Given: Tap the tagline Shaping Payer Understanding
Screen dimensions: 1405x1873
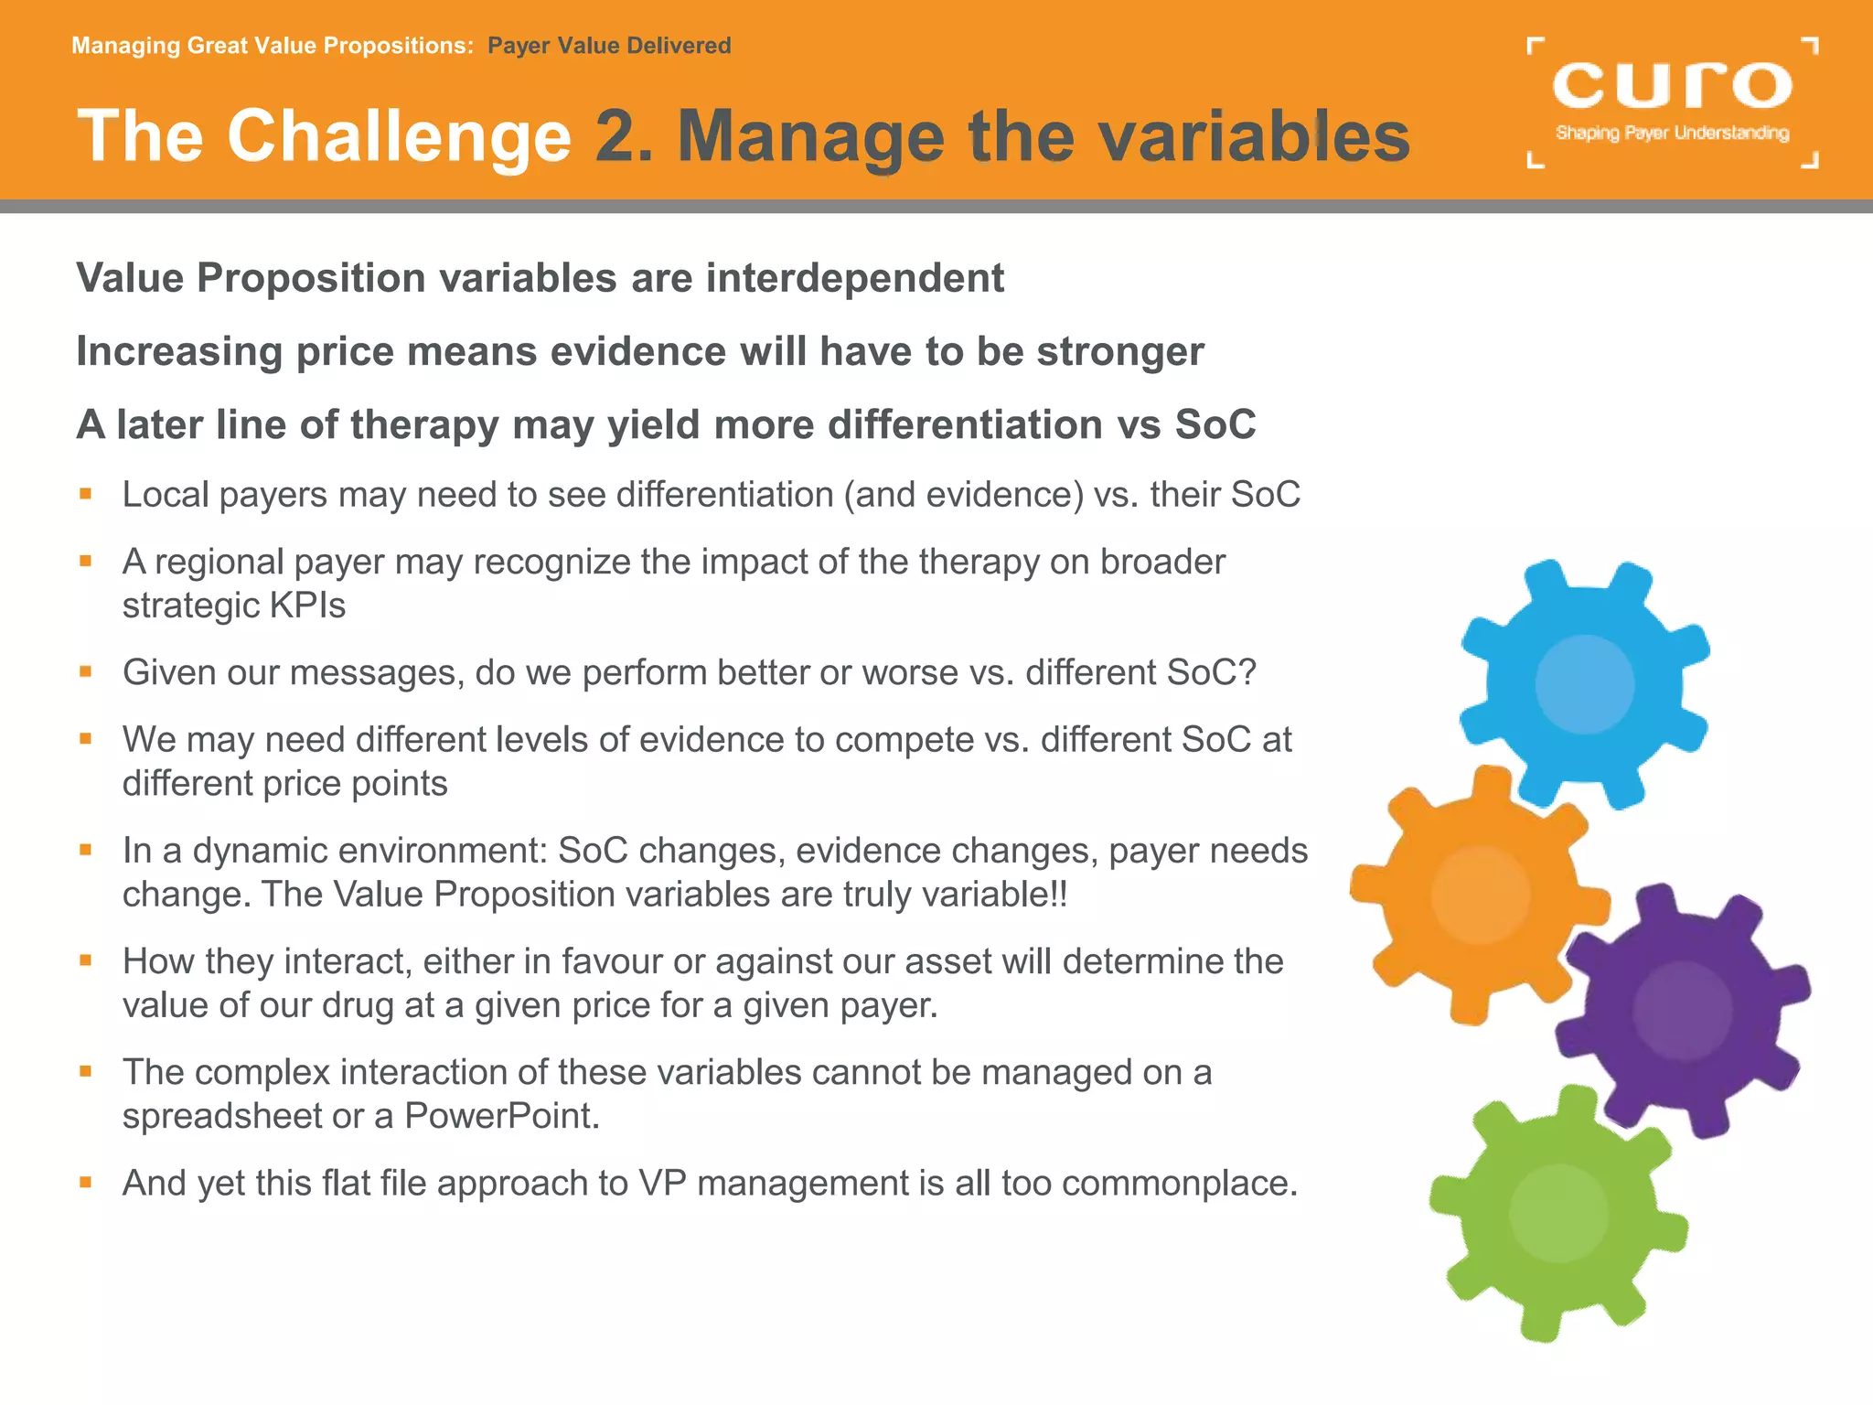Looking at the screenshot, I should pyautogui.click(x=1672, y=134).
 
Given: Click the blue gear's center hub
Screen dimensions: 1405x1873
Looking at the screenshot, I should pyautogui.click(x=1585, y=684).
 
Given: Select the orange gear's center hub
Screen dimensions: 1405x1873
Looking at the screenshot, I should pyautogui.click(x=1480, y=895).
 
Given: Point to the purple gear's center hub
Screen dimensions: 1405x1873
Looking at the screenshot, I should pyautogui.click(x=1683, y=1011).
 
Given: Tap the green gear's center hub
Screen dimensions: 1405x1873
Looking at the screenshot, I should pyautogui.click(x=1558, y=1214).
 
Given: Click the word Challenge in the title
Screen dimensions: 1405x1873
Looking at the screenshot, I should pyautogui.click(x=399, y=137).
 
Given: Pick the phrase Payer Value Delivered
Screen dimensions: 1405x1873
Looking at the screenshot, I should pyautogui.click(x=609, y=46).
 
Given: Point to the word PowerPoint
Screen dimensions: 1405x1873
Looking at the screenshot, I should pyautogui.click(x=501, y=1116).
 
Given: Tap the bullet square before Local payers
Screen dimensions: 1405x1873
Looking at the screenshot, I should pyautogui.click(x=86, y=494).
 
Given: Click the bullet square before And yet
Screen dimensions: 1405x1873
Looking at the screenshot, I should pyautogui.click(x=86, y=1182).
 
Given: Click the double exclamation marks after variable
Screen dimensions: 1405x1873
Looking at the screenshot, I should pyautogui.click(x=1059, y=894).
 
